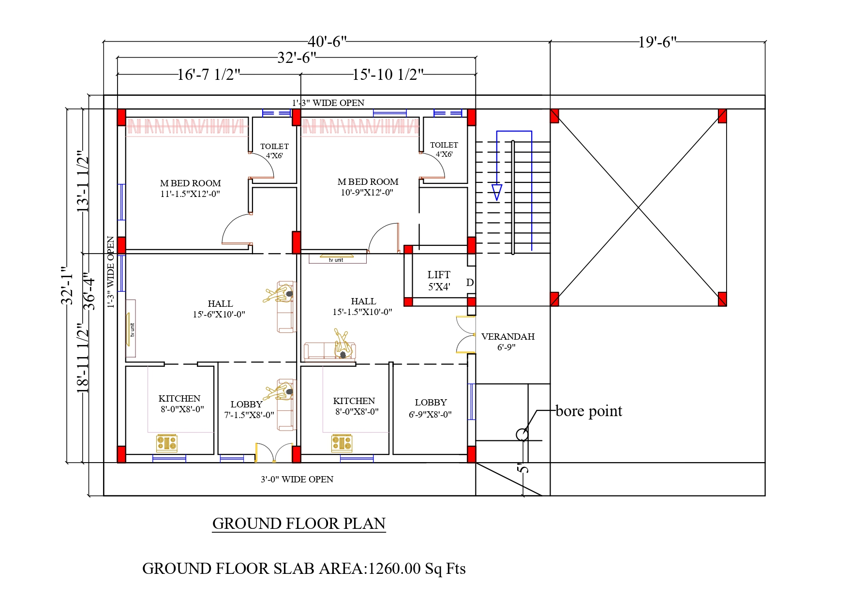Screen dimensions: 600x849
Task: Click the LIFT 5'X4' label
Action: point(439,281)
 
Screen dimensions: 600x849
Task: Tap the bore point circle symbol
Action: point(522,435)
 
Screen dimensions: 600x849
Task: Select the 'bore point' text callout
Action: point(589,411)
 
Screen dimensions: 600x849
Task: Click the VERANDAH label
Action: point(507,337)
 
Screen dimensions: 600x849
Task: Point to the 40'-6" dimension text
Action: point(328,42)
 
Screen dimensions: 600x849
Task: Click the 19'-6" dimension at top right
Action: point(657,43)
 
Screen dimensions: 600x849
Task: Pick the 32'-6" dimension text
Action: point(297,58)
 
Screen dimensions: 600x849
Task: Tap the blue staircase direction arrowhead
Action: point(496,192)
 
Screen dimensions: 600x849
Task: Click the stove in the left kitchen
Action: point(167,443)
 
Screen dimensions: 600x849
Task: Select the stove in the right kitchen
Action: point(342,443)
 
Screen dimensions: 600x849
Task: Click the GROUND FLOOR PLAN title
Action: point(299,524)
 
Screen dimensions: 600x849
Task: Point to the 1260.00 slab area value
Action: point(394,569)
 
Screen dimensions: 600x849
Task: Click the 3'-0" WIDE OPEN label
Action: point(297,480)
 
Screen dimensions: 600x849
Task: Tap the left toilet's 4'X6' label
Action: point(274,156)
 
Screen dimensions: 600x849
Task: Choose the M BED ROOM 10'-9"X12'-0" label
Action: point(368,187)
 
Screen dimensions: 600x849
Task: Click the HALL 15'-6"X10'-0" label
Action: point(220,309)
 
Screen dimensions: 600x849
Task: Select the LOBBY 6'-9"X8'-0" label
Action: point(431,408)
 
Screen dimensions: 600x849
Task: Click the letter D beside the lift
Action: point(470,283)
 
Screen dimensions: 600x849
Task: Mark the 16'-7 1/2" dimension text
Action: point(209,75)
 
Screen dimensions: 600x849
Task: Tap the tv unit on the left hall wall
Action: point(131,330)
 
